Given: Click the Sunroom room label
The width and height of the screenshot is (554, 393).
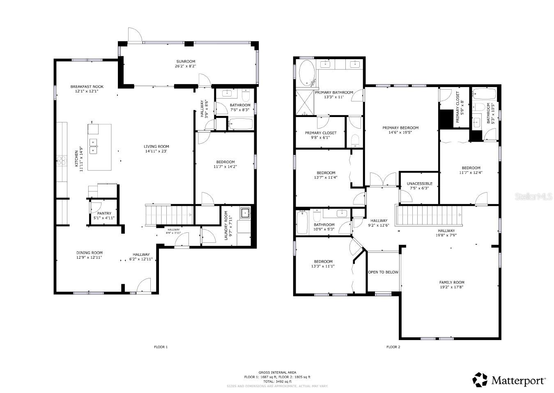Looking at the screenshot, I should (185, 62).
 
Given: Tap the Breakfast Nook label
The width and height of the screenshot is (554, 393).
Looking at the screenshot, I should (87, 87).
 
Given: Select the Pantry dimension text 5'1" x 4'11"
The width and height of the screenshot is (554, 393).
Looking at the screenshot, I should (104, 218).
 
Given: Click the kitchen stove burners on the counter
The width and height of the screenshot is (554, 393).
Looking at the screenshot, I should (62, 160).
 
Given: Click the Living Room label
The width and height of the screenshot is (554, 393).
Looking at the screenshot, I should (156, 147).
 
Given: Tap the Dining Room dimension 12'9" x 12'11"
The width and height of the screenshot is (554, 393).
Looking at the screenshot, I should (89, 257).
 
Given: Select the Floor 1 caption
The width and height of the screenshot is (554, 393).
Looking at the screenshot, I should (161, 347).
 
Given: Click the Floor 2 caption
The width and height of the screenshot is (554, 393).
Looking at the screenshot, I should (393, 347).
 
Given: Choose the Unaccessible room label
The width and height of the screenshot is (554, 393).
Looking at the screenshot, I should (419, 184).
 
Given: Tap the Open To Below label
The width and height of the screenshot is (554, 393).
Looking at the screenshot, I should (383, 272).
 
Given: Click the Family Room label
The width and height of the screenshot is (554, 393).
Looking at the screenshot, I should (452, 282).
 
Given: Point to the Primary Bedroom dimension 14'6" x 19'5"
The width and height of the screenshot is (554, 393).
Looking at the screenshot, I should (400, 133).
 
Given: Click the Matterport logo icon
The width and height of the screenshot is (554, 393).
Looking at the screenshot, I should (480, 380).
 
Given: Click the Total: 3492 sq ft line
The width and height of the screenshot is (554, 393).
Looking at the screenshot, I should (277, 382).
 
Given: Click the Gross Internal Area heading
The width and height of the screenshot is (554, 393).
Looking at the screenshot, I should (277, 372).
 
